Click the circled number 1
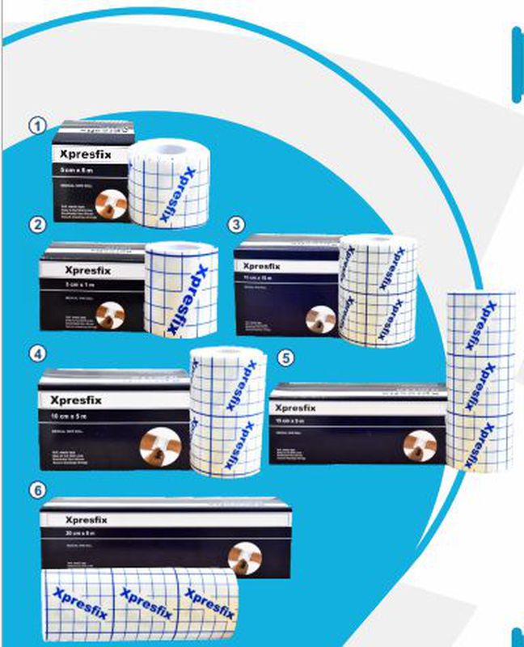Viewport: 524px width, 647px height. [x=36, y=125]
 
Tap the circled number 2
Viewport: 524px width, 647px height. [x=36, y=226]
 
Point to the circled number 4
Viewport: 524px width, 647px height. [x=36, y=353]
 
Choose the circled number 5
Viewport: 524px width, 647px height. [x=284, y=357]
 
